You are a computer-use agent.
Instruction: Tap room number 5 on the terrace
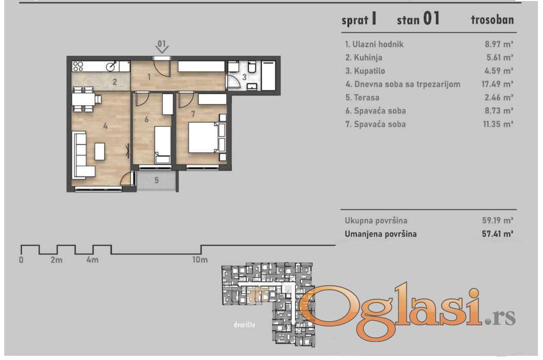[157, 180]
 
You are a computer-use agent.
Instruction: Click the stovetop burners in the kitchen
[78, 66]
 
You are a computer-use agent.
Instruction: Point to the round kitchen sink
[111, 66]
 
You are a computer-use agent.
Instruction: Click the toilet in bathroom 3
[252, 67]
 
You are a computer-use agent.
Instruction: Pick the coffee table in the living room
[100, 152]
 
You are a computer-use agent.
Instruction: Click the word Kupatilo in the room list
[370, 71]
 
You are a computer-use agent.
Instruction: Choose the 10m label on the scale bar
[200, 259]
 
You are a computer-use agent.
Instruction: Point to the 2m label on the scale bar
[56, 259]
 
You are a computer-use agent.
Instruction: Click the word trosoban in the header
[492, 20]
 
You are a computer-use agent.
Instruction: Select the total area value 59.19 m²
[497, 220]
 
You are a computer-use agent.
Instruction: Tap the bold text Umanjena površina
[381, 234]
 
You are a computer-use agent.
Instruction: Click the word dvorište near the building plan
[244, 324]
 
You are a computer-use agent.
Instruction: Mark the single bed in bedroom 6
[162, 145]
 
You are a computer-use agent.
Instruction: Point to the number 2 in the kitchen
[114, 82]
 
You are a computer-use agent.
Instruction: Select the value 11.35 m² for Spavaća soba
[498, 124]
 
